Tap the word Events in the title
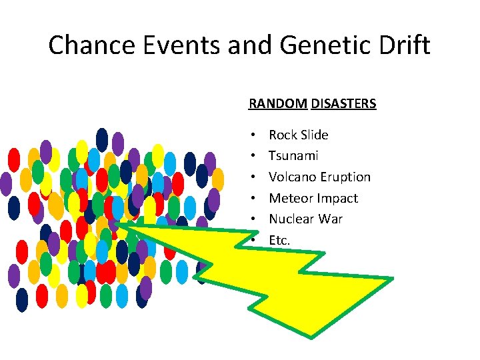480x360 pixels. (x=183, y=45)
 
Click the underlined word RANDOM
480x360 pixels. (x=278, y=104)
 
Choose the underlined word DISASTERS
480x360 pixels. (x=343, y=104)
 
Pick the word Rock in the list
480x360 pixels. (x=283, y=135)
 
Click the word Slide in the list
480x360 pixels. (x=314, y=135)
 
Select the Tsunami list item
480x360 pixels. (x=293, y=156)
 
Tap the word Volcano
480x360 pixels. (x=291, y=177)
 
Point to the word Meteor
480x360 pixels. (x=291, y=198)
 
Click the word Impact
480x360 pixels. (x=337, y=199)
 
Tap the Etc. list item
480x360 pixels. (x=279, y=240)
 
